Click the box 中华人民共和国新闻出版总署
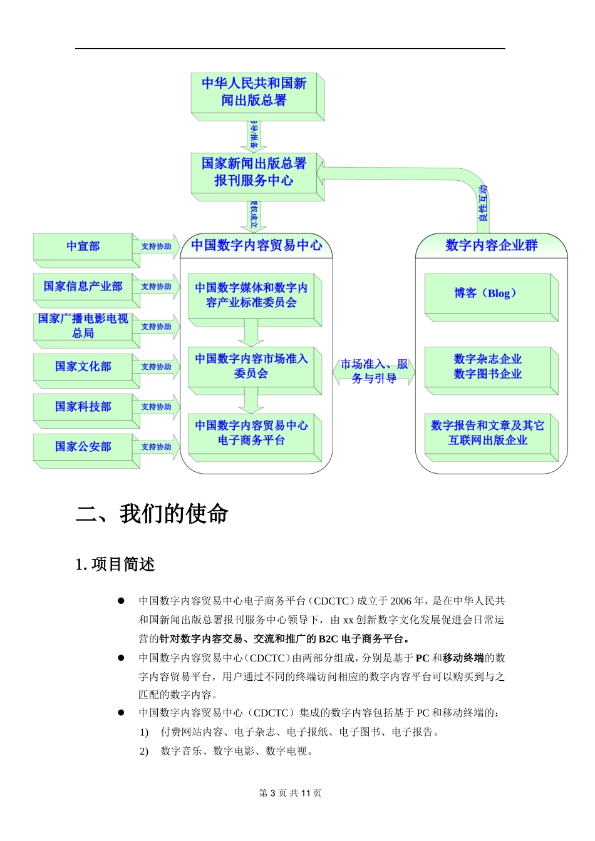click(254, 92)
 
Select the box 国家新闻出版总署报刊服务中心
click(254, 172)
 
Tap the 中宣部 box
click(83, 247)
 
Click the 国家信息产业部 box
click(83, 287)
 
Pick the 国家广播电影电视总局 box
click(83, 326)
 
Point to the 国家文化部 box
click(83, 367)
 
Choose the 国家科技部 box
click(83, 407)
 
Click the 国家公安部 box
click(83, 447)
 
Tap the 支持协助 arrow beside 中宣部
click(156, 247)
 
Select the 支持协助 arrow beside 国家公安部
click(156, 447)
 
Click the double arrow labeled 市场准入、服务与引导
click(374, 372)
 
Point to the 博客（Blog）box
click(487, 293)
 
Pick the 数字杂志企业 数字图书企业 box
click(487, 367)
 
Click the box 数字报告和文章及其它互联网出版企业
click(487, 433)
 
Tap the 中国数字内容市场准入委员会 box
click(251, 367)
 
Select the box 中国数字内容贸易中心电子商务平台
click(251, 433)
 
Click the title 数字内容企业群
click(491, 245)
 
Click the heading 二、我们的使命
click(152, 514)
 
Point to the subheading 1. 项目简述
click(115, 564)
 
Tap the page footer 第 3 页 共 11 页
click(291, 793)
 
